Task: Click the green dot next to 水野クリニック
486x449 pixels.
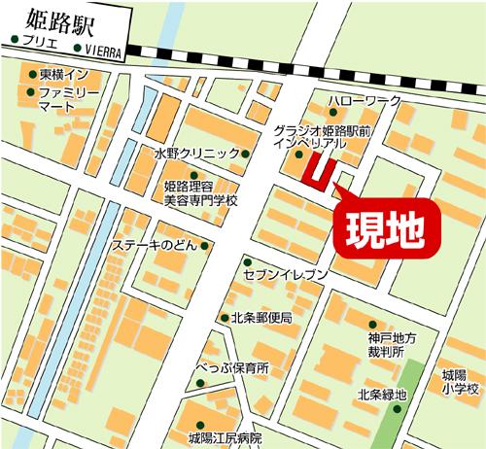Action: tap(245, 154)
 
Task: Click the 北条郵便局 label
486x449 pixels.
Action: tap(261, 318)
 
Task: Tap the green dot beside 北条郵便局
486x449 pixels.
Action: tap(224, 318)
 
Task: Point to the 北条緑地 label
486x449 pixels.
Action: tap(380, 395)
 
